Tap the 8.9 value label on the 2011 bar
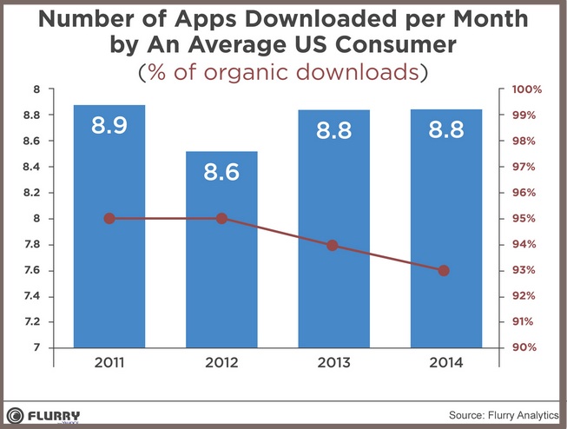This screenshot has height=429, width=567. (x=109, y=127)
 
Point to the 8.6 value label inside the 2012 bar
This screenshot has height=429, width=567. (x=221, y=172)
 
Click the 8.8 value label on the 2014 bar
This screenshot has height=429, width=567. (x=445, y=130)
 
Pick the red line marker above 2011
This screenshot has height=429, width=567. (x=109, y=219)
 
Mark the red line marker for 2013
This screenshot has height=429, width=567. (x=333, y=246)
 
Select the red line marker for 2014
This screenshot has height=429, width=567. (x=445, y=271)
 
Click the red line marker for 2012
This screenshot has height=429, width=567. (x=221, y=219)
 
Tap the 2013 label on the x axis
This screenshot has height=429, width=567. (x=333, y=362)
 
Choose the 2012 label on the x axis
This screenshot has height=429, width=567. (x=221, y=362)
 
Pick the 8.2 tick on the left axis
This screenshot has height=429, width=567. (x=31, y=193)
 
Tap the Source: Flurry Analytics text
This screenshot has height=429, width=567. (x=503, y=416)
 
